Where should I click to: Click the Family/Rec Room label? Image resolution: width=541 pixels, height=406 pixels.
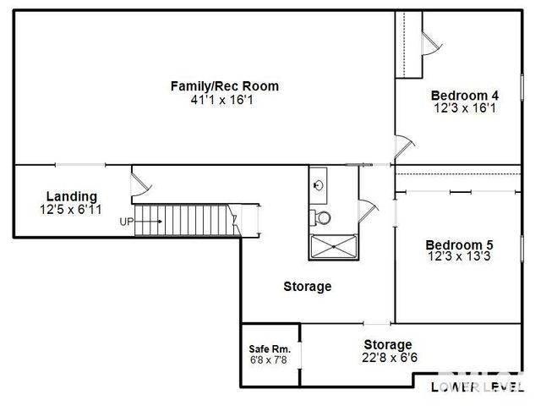[x=224, y=86]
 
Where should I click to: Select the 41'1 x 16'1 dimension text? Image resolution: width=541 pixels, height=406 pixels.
[x=224, y=100]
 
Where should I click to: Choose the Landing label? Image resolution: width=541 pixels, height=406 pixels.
[x=71, y=196]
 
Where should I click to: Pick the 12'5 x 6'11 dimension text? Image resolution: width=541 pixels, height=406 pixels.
[x=71, y=209]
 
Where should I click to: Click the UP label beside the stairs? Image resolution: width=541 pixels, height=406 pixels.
[x=127, y=222]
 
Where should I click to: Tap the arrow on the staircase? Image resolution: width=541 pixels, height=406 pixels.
[x=149, y=222]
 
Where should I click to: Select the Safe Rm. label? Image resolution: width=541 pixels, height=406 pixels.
[x=270, y=348]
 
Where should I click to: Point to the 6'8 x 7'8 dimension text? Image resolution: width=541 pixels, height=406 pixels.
[x=270, y=360]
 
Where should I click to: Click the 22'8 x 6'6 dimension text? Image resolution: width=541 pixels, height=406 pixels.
[x=388, y=358]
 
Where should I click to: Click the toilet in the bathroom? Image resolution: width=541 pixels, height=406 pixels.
[x=323, y=217]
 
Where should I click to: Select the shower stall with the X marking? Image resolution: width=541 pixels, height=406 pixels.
[x=333, y=245]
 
